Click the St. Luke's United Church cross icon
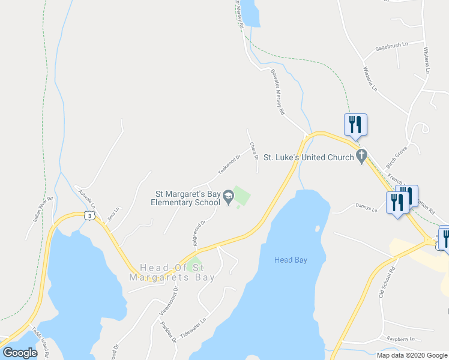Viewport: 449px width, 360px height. click(361, 157)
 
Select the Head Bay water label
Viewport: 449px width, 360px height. click(291, 260)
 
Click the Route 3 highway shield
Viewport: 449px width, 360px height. click(89, 215)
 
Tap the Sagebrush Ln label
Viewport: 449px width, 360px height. click(391, 44)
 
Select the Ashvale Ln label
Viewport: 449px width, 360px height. click(87, 196)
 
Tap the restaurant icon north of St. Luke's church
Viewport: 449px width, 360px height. click(355, 125)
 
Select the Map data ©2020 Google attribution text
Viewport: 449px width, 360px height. click(412, 355)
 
